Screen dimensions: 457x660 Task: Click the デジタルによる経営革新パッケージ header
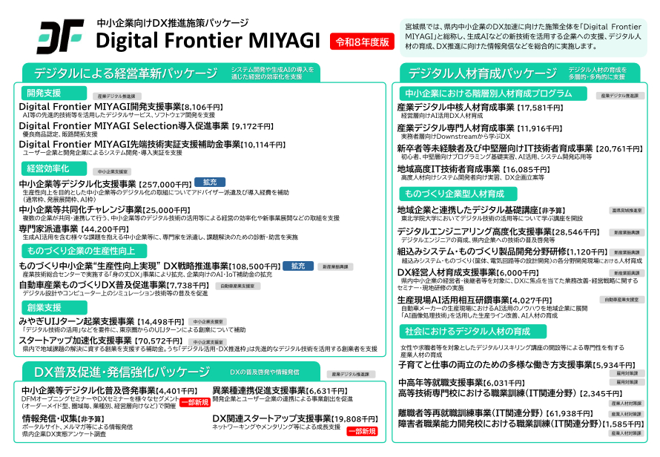[x=119, y=73]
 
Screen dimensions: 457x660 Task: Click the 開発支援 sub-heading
[x=44, y=93]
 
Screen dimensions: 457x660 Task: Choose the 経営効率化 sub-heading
[x=47, y=169]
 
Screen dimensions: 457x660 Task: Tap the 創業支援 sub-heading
[x=44, y=307]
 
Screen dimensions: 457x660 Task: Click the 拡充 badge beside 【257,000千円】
[x=210, y=183]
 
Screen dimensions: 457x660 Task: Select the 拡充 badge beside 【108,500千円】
[x=297, y=265]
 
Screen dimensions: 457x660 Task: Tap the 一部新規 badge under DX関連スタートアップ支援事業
[x=362, y=430]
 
